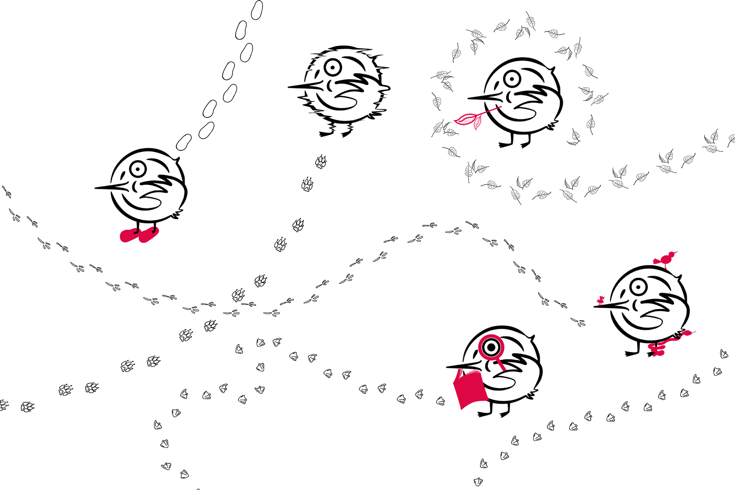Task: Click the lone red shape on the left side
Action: click(133, 243)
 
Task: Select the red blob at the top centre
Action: click(469, 118)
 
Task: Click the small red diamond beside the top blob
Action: click(494, 109)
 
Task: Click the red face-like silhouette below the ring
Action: click(469, 388)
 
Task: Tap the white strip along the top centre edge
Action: click(423, 11)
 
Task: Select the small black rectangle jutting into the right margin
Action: click(709, 146)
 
